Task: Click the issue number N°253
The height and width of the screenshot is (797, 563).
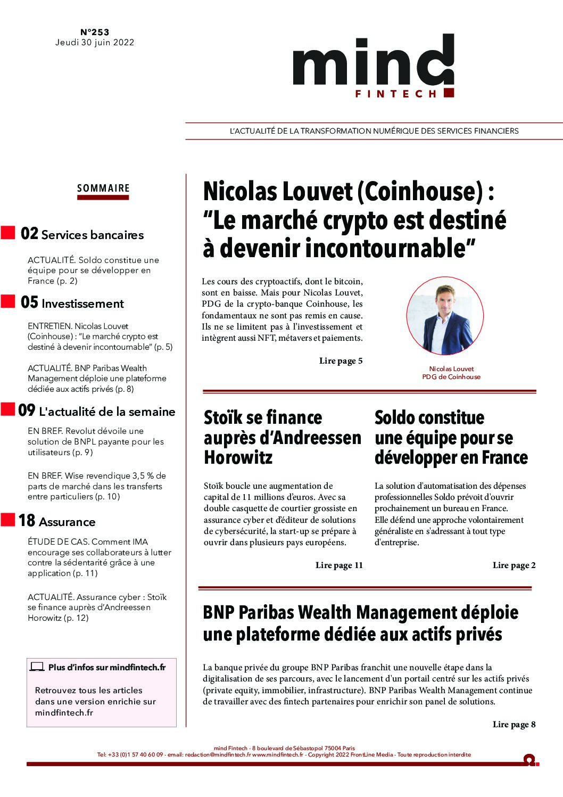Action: click(95, 32)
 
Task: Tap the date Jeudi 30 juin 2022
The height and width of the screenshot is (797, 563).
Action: click(95, 43)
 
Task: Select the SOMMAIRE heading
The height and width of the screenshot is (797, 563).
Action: click(103, 188)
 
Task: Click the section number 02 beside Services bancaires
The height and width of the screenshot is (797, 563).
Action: click(29, 234)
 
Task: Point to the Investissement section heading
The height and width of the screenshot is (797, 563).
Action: click(82, 304)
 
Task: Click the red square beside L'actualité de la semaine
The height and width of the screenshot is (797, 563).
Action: click(7, 409)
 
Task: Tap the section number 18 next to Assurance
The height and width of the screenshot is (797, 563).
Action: click(27, 521)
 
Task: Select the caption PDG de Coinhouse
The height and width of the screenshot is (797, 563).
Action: click(451, 377)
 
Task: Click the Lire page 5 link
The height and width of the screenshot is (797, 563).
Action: click(341, 361)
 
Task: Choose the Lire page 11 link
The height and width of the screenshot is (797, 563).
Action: click(339, 565)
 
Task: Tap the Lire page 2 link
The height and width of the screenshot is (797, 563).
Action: click(514, 565)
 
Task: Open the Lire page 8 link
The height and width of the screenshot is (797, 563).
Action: click(514, 724)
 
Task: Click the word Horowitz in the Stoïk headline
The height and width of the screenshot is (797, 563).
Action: click(238, 457)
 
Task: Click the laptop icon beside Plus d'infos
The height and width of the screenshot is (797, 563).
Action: click(37, 667)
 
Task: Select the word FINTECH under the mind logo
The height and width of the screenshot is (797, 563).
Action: click(396, 94)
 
